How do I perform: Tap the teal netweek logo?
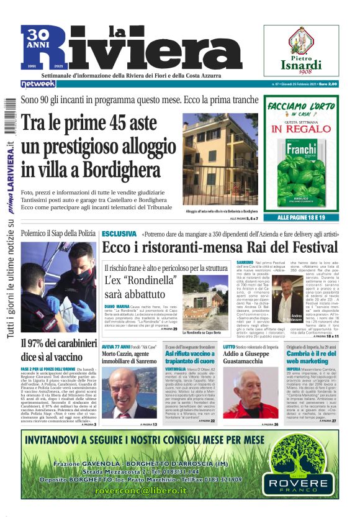pyautogui.click(x=38, y=84)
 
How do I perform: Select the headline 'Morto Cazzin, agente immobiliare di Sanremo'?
pyautogui.click(x=128, y=354)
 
